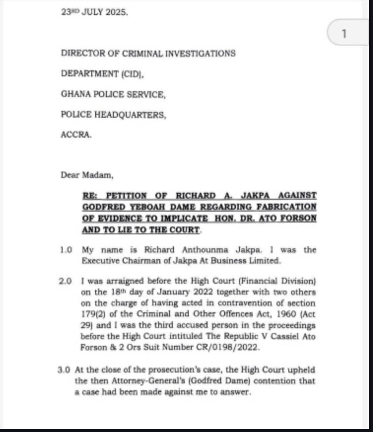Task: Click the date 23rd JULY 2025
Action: (94, 12)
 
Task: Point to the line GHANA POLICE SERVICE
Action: (113, 94)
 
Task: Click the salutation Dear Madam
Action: (85, 175)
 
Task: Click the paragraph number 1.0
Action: (66, 250)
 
